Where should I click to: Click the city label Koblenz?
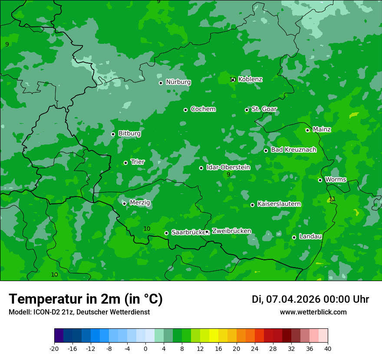[250, 79]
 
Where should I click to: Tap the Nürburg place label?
[178, 82]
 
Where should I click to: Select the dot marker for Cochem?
[185, 110]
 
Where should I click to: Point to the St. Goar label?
[264, 109]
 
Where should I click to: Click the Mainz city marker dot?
[307, 130]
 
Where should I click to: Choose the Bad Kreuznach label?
[293, 150]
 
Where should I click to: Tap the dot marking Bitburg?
[113, 134]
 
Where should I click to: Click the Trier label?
[138, 162]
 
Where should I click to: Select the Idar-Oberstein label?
[228, 167]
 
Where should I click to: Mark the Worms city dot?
[320, 180]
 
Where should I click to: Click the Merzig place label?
[140, 203]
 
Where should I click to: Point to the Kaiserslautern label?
[279, 204]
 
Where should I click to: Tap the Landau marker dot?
[294, 237]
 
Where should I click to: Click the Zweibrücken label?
[231, 231]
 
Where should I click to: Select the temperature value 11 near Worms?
[332, 199]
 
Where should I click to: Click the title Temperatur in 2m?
[86, 299]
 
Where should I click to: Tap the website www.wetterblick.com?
[313, 312]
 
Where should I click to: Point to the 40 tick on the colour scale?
[328, 348]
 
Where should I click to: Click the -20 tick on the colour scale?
[54, 348]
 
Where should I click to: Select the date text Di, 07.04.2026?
[286, 299]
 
